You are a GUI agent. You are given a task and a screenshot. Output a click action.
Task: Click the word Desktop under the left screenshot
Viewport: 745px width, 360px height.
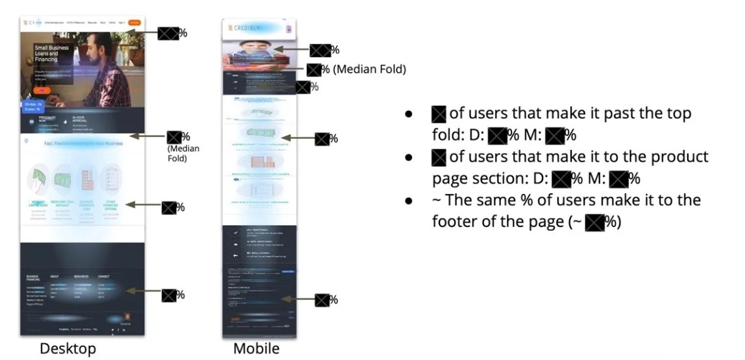[68, 348]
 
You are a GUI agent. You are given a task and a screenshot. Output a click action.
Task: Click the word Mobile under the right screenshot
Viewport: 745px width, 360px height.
[256, 348]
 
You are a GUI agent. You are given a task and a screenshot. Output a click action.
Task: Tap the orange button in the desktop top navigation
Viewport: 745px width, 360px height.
[134, 23]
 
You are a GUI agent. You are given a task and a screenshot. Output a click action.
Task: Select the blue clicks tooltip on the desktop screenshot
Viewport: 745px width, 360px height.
[33, 106]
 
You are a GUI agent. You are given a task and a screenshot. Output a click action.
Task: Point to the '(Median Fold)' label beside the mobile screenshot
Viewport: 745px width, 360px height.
[369, 69]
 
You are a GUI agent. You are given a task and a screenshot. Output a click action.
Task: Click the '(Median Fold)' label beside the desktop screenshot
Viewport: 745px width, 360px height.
[183, 153]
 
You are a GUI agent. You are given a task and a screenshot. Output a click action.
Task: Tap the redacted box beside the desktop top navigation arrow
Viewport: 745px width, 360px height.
[168, 33]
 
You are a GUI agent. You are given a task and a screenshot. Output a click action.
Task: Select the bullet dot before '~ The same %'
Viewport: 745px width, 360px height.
[409, 200]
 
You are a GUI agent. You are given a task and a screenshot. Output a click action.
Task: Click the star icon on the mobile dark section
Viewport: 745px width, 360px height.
[233, 245]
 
